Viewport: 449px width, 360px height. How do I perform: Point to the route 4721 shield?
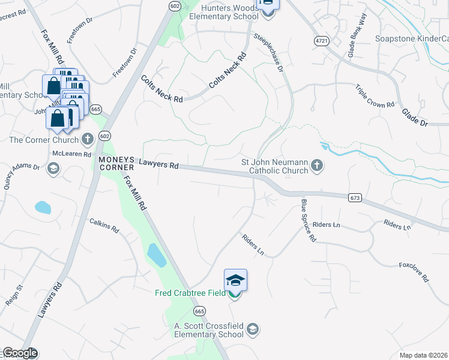tap(322, 40)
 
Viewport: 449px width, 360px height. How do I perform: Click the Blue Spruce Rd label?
tap(309, 220)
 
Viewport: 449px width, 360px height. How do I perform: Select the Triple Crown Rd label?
tap(374, 95)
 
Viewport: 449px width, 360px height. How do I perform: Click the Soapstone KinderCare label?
tap(412, 39)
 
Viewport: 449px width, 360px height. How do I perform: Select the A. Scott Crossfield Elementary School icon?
tap(253, 328)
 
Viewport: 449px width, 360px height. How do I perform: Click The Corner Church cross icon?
tap(87, 140)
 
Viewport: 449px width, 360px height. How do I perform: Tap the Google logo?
tap(20, 353)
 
